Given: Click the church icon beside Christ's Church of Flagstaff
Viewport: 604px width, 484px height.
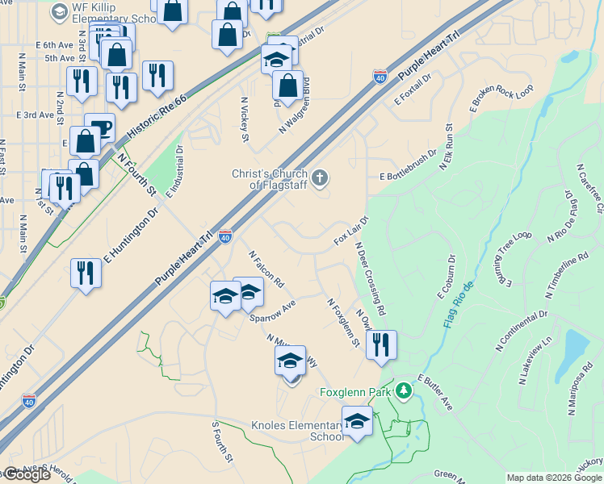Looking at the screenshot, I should pos(321,177).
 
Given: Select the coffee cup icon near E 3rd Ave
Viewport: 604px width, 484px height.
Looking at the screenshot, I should pos(99,127).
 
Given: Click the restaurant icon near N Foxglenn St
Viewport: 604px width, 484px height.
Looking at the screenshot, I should pos(382,344).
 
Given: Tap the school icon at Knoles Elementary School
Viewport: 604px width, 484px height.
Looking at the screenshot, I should pos(357,420).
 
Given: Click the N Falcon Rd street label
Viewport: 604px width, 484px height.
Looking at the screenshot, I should pos(267,268).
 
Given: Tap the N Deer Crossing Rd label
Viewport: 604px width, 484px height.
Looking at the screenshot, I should pos(370,278).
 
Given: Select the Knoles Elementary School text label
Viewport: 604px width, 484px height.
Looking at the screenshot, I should pos(297,431).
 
